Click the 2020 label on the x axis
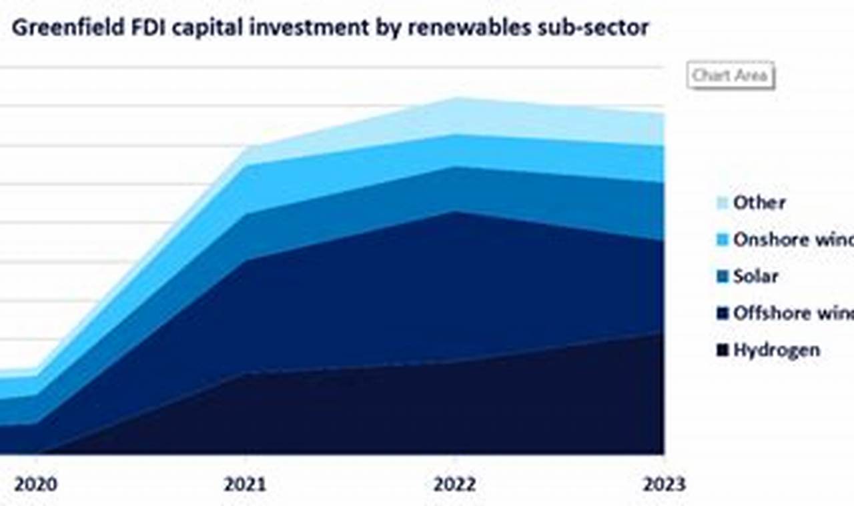[x=35, y=484]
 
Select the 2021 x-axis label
[x=245, y=484]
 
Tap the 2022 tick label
[x=454, y=484]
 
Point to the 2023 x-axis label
[x=663, y=484]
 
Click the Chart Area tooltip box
[x=731, y=75]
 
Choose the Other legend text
[x=759, y=203]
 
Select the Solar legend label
[x=756, y=276]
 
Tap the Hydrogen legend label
[x=777, y=350]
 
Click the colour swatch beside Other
[x=721, y=203]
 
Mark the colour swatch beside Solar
[x=721, y=277]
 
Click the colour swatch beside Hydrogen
[x=721, y=351]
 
